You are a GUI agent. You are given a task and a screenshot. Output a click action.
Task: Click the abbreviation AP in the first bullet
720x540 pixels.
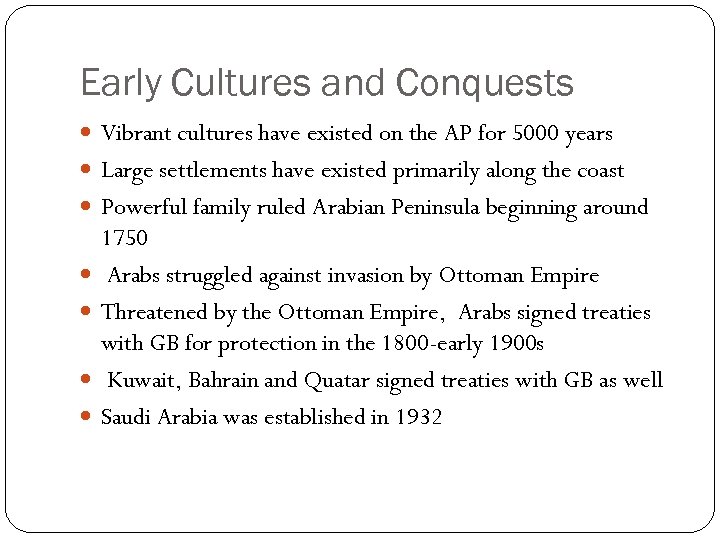(451, 134)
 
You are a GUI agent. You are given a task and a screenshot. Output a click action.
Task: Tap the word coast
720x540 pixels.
(598, 171)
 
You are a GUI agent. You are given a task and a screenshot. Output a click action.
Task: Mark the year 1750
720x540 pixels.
(124, 238)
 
